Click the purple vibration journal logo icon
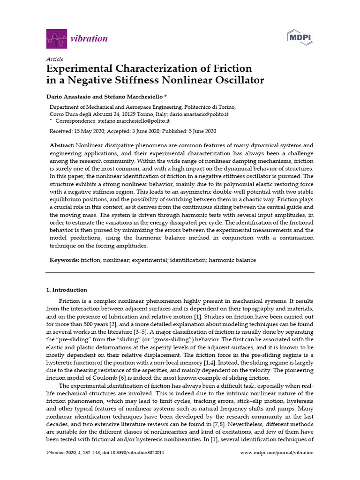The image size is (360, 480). click(56, 38)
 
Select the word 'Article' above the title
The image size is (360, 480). click(54, 60)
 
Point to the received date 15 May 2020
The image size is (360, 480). click(87, 131)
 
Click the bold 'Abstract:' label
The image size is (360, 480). click(62, 146)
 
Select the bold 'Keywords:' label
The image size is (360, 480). click(64, 260)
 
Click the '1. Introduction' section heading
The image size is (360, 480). click(69, 290)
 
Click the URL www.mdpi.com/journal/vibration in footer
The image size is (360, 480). click(277, 453)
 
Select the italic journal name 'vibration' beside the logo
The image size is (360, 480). click(89, 38)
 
